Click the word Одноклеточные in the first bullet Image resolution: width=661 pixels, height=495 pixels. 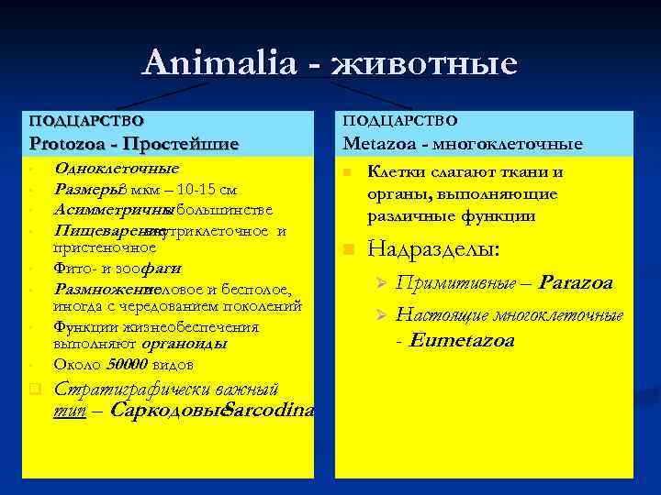117,169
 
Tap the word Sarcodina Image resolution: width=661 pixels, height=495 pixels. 269,410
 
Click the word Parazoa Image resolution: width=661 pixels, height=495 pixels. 576,283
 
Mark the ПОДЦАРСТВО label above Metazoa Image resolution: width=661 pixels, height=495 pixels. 399,120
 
